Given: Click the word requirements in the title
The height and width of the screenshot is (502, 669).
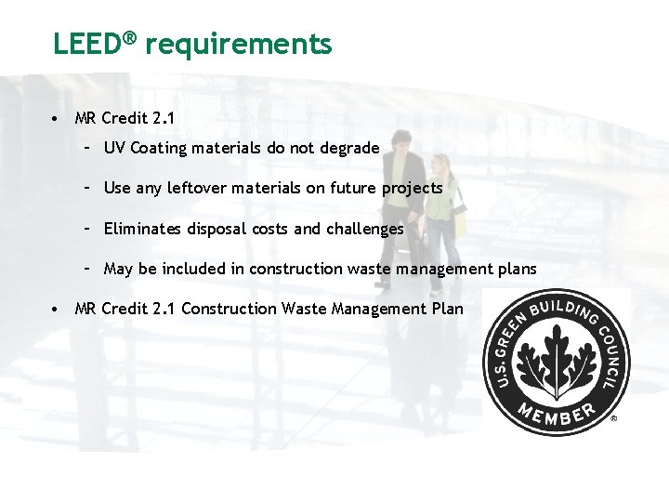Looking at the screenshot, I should [x=239, y=44].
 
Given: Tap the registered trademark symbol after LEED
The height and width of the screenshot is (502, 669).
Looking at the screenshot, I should [x=131, y=38].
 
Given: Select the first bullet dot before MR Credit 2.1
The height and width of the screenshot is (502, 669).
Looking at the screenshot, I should [x=58, y=119].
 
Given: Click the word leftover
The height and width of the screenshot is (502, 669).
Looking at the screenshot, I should [x=197, y=188].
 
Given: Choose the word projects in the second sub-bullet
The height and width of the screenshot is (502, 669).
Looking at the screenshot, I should [x=412, y=188].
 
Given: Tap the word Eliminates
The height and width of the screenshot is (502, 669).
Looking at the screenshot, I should [x=141, y=229].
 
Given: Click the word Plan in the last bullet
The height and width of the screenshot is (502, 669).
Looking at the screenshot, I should [x=446, y=309].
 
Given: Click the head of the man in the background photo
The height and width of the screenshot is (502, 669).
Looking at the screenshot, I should [x=400, y=142].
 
